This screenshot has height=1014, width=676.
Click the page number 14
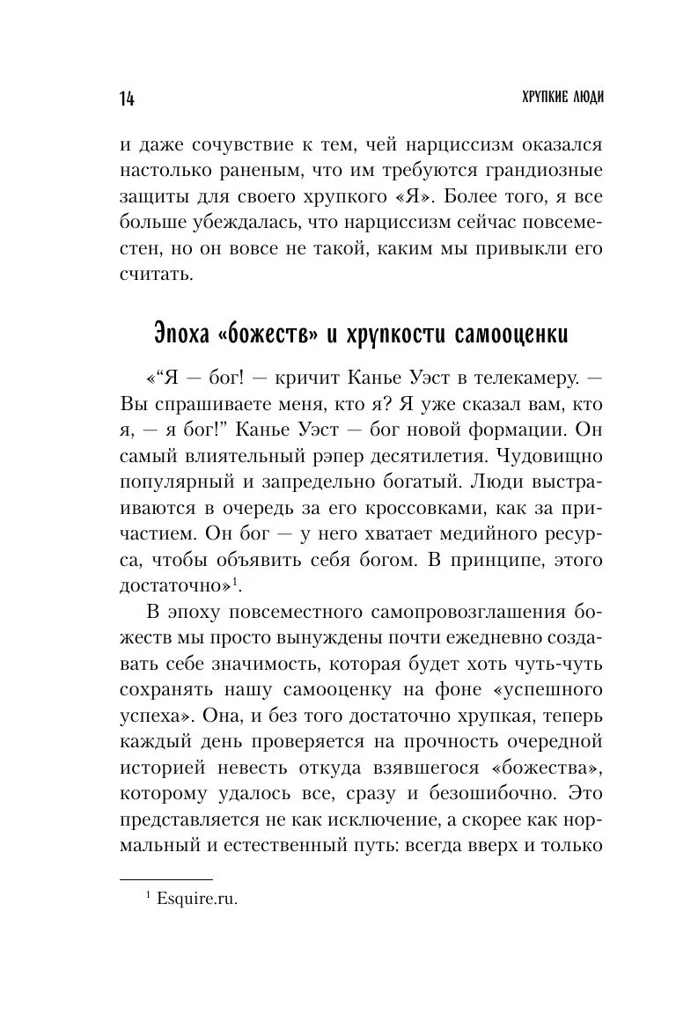tap(123, 98)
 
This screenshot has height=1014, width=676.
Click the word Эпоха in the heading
tap(185, 337)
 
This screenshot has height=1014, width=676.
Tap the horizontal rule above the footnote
tap(165, 879)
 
